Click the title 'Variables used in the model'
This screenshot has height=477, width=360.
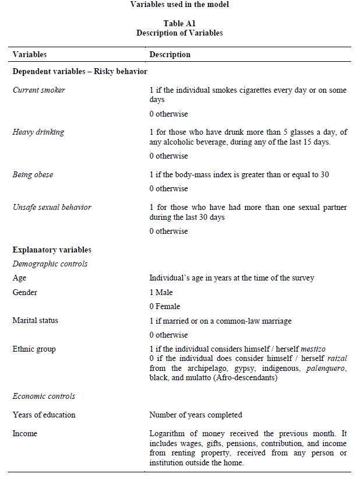[x=179, y=4]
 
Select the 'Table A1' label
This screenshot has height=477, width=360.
[x=179, y=24]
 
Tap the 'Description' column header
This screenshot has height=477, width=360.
[x=170, y=54]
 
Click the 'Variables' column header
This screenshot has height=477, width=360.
[x=30, y=54]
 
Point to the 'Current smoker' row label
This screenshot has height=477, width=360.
[x=39, y=90]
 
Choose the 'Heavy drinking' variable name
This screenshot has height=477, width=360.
[x=38, y=132]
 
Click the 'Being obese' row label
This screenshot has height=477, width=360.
[x=33, y=175]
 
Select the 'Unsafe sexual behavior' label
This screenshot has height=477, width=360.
[x=52, y=208]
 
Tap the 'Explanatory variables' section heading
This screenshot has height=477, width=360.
[x=52, y=250]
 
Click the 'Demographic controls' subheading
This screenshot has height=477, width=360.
[x=50, y=264]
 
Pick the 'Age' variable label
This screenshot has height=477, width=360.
[x=19, y=278]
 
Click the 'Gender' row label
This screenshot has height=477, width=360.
[x=24, y=292]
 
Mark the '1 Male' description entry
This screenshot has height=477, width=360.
[x=161, y=292]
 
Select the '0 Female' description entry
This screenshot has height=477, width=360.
[x=165, y=307]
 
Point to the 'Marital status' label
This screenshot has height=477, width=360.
[x=36, y=321]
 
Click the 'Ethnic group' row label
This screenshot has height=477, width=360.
[x=34, y=349]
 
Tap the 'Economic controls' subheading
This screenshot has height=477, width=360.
[x=44, y=397]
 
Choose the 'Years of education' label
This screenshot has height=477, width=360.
[x=44, y=415]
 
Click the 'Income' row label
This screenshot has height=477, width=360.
[x=24, y=434]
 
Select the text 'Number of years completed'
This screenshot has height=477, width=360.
[x=196, y=415]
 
